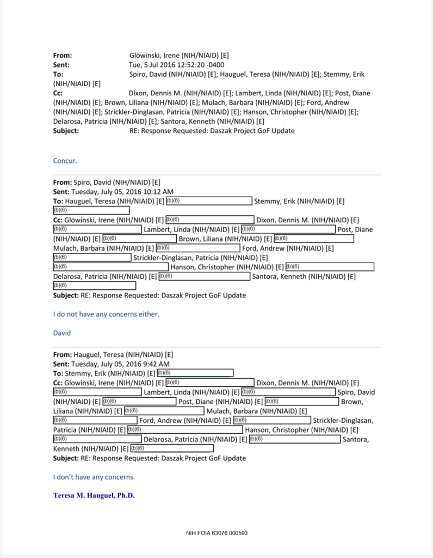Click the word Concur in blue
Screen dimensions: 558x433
65,161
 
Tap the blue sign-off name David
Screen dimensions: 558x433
62,333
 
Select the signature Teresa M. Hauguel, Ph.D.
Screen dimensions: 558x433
94,496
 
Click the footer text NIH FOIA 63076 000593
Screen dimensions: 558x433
216,533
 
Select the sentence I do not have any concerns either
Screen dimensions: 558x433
106,314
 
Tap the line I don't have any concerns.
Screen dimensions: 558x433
94,477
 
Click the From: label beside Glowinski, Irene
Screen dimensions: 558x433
63,56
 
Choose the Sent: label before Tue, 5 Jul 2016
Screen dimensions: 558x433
61,65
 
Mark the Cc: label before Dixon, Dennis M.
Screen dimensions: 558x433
58,93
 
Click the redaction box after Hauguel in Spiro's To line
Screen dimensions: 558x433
208,201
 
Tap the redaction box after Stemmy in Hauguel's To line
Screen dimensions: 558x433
195,373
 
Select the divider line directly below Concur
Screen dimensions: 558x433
216,175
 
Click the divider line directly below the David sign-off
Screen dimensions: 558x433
216,347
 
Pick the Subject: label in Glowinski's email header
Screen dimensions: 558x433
66,131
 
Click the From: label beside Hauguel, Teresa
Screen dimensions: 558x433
62,355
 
